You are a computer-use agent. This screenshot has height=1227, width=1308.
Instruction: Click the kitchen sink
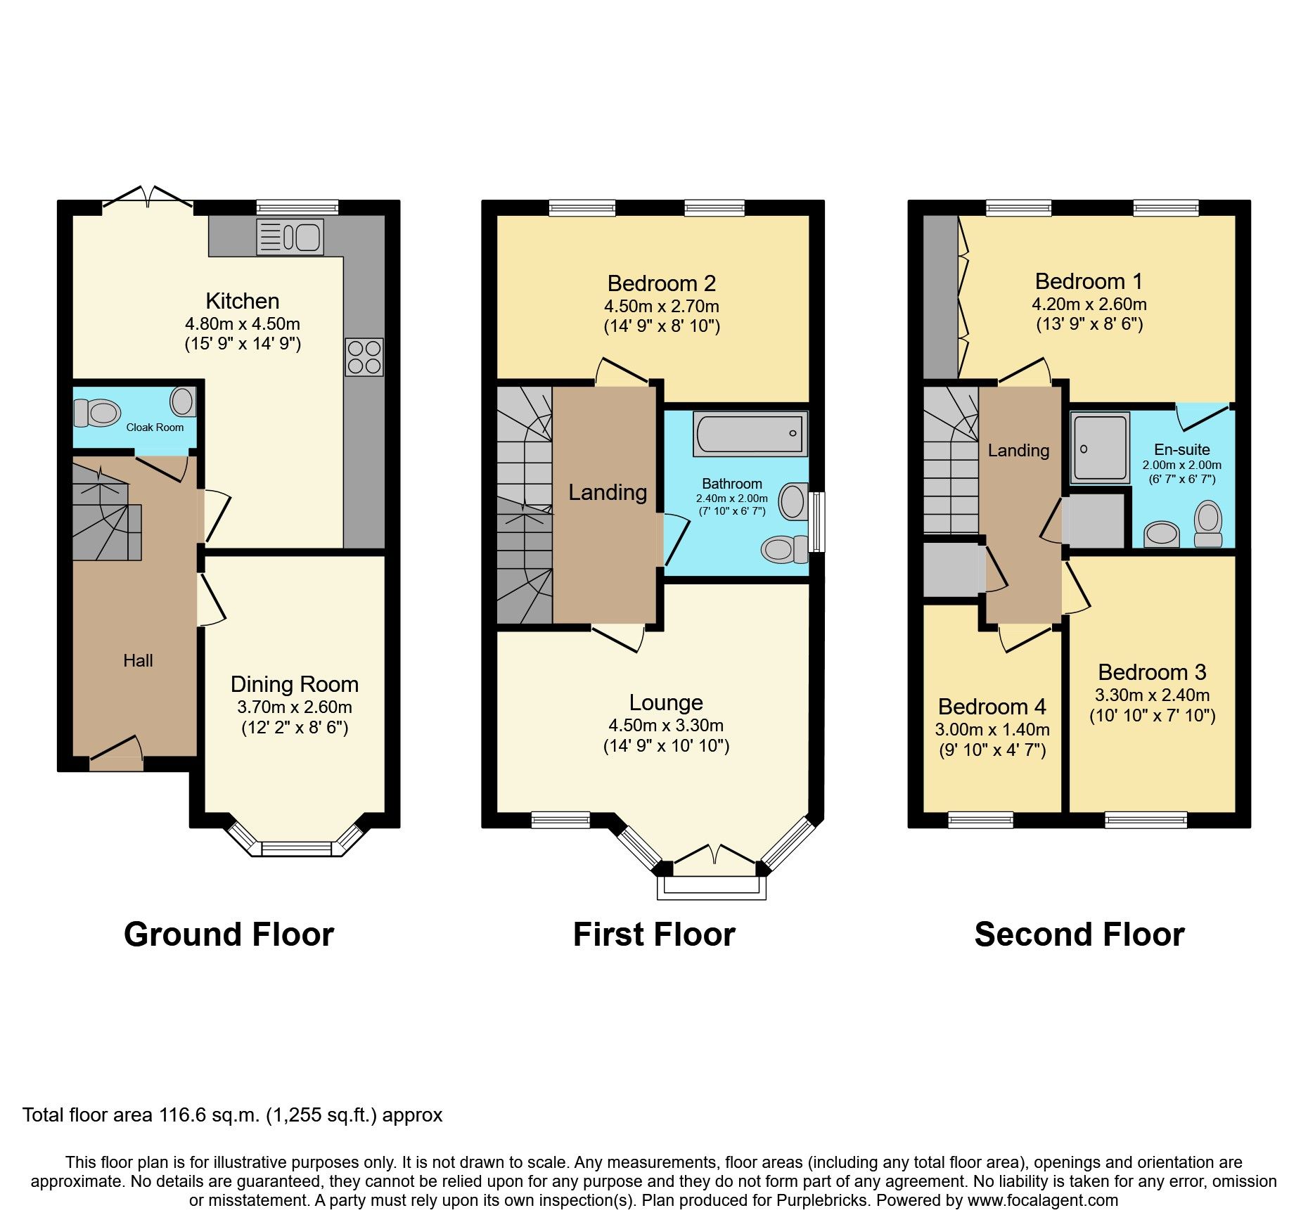click(290, 236)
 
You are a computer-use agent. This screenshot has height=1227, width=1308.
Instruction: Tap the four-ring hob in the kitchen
click(364, 357)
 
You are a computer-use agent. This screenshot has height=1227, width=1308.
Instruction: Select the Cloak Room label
click(155, 428)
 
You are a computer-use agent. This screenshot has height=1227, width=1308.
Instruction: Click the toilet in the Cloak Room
click(97, 413)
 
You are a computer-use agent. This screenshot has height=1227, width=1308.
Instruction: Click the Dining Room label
click(294, 684)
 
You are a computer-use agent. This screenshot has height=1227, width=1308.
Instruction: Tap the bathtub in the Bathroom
click(750, 434)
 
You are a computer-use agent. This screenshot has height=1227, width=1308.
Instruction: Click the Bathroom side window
click(816, 522)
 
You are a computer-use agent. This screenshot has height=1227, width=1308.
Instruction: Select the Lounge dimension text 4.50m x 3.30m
click(665, 726)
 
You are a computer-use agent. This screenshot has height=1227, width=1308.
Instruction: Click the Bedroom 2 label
click(661, 283)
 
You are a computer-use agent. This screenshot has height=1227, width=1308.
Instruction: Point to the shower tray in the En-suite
click(1100, 448)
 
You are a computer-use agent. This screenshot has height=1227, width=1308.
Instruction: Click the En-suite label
click(1181, 449)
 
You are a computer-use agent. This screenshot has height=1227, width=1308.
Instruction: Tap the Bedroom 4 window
click(980, 819)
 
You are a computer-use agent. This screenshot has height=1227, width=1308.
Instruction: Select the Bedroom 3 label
click(1152, 672)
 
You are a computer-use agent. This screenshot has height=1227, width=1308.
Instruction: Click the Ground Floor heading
click(229, 934)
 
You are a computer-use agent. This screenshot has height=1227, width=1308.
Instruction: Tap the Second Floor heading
click(1079, 934)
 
